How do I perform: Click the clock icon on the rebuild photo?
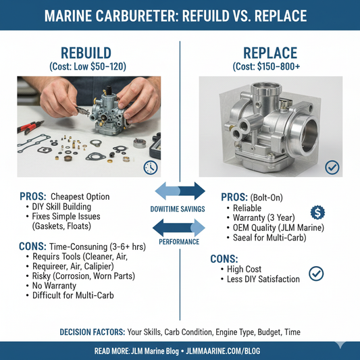pos(151,168)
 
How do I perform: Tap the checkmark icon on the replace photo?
pos(332,167)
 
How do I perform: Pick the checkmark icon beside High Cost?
pos(315,273)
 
